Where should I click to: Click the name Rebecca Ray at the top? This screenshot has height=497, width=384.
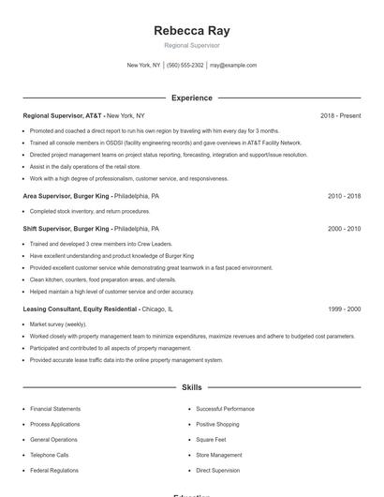pyautogui.click(x=192, y=30)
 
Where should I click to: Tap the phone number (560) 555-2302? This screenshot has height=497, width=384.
pyautogui.click(x=185, y=66)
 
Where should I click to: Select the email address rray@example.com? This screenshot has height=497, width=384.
pyautogui.click(x=233, y=66)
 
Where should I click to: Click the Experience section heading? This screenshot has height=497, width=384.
pyautogui.click(x=192, y=98)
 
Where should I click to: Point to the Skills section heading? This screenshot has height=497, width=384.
pyautogui.click(x=192, y=386)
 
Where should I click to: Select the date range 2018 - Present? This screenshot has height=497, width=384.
pyautogui.click(x=340, y=115)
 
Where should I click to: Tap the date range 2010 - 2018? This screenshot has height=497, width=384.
pyautogui.click(x=344, y=196)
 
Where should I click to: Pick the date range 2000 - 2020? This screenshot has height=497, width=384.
pyautogui.click(x=344, y=228)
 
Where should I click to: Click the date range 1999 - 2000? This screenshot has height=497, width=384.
pyautogui.click(x=344, y=309)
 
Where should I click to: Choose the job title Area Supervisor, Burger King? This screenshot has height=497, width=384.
pyautogui.click(x=66, y=196)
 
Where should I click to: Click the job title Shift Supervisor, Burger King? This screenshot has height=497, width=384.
pyautogui.click(x=66, y=228)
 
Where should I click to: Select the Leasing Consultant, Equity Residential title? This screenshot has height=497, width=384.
pyautogui.click(x=80, y=309)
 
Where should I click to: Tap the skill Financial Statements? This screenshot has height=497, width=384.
pyautogui.click(x=55, y=409)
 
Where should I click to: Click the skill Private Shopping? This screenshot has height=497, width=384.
pyautogui.click(x=219, y=424)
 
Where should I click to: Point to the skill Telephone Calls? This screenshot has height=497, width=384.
pyautogui.click(x=50, y=455)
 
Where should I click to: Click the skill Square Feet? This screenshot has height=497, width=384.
pyautogui.click(x=212, y=439)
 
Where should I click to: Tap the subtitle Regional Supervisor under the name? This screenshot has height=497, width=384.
pyautogui.click(x=192, y=45)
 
